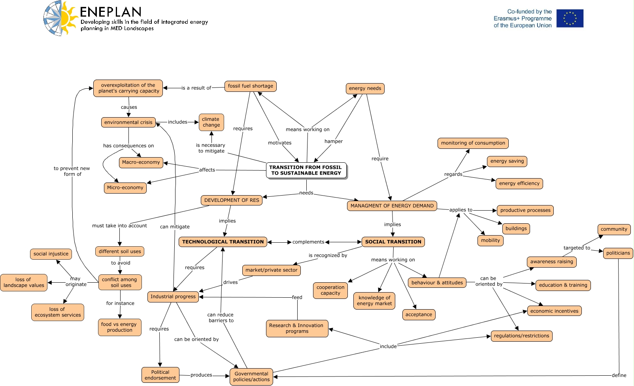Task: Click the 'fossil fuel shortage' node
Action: click(250, 86)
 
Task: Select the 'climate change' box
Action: click(211, 122)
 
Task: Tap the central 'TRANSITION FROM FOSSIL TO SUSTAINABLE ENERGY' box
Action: click(306, 170)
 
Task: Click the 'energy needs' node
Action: click(365, 88)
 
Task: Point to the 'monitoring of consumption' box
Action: click(473, 143)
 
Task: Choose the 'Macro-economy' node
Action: click(141, 162)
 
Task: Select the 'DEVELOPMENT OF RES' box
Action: click(232, 200)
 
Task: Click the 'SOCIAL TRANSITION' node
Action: click(393, 242)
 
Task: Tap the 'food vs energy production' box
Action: click(119, 327)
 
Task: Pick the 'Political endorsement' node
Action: click(160, 375)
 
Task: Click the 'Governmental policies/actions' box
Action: click(251, 376)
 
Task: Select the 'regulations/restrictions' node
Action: click(521, 336)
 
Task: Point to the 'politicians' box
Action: click(618, 253)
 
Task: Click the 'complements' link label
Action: click(308, 242)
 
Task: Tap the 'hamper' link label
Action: click(333, 141)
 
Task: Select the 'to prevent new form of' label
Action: click(72, 171)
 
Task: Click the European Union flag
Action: click(570, 18)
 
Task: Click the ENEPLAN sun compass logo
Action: click(60, 18)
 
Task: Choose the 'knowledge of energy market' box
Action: click(374, 300)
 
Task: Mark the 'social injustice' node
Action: click(51, 254)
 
